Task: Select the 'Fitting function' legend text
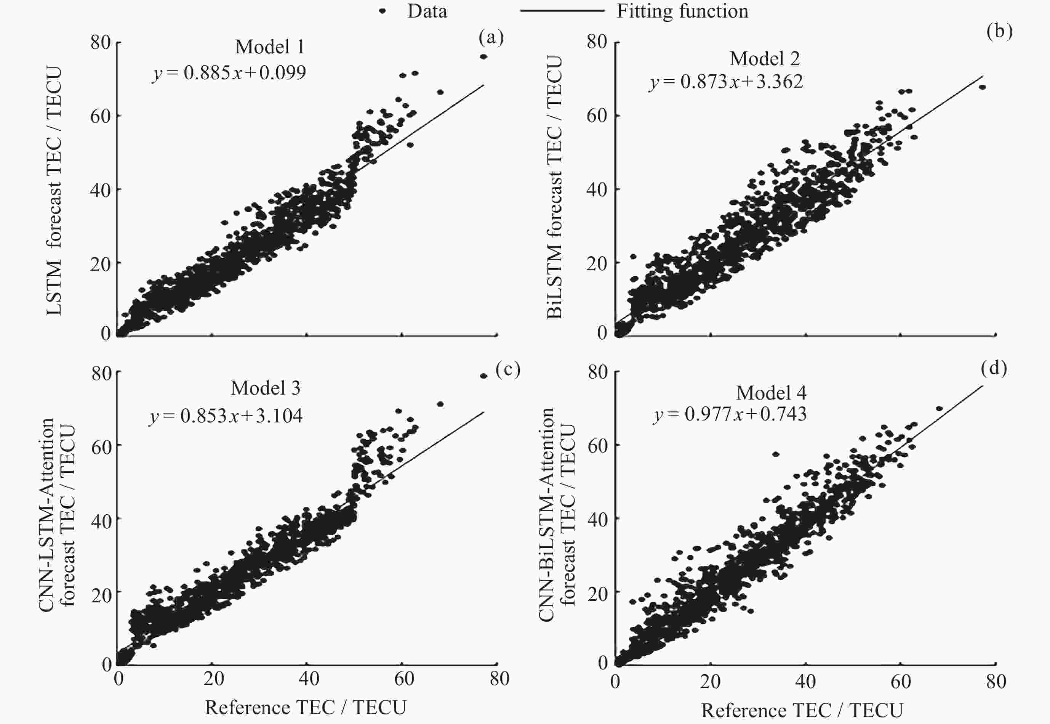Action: point(682,11)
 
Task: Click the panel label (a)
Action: point(491,38)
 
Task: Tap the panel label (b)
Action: point(999,31)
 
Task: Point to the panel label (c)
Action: point(508,370)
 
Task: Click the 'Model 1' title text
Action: point(270,47)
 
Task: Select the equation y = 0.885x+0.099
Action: point(229,72)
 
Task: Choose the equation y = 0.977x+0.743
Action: point(730,414)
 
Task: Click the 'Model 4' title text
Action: point(771,393)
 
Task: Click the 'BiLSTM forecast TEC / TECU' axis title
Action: point(554,187)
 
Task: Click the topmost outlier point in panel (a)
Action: point(483,57)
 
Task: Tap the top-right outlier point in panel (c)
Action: point(483,376)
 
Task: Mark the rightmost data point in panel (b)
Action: point(983,87)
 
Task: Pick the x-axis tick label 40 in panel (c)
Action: point(309,679)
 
